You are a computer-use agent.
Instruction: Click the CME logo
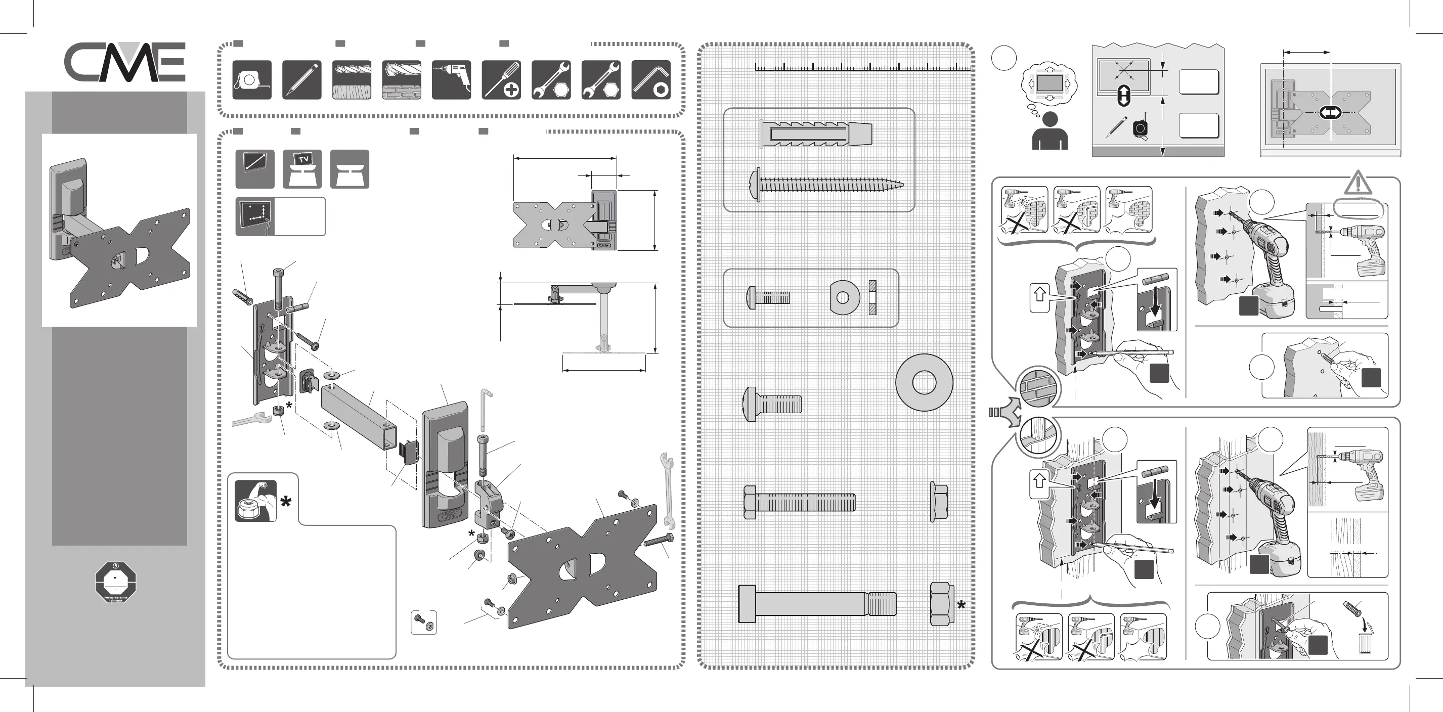(x=124, y=62)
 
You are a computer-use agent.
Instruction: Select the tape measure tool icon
(x=252, y=80)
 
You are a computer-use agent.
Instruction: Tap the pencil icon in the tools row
(x=302, y=80)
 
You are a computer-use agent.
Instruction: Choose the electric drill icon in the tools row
(x=452, y=80)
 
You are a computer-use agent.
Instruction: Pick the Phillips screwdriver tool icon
(x=501, y=80)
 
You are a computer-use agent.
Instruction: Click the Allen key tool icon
(x=651, y=80)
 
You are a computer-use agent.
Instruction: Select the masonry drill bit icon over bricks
(x=402, y=80)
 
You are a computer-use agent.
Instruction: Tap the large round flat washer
(x=924, y=382)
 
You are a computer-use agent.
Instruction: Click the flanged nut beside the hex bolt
(x=938, y=503)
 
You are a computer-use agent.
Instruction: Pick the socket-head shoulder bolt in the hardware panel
(x=817, y=604)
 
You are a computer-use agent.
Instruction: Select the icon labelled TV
(x=302, y=168)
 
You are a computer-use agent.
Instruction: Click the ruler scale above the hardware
(x=863, y=68)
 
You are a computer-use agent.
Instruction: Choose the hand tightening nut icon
(x=255, y=501)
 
